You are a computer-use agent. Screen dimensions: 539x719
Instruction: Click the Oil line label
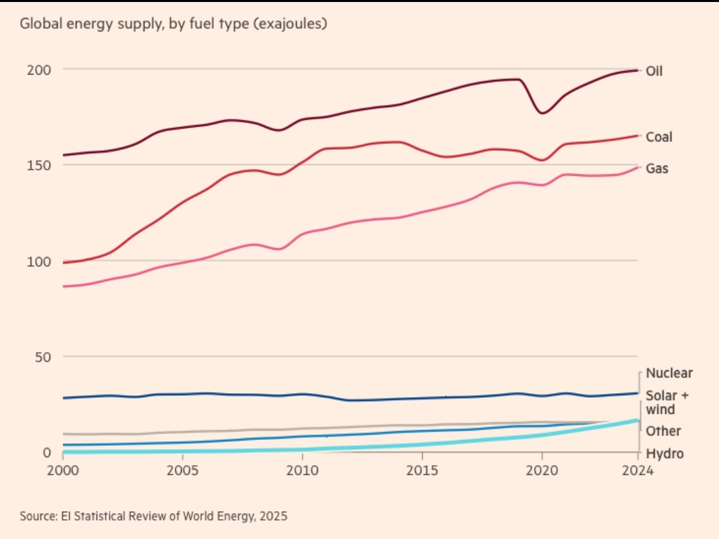pyautogui.click(x=654, y=71)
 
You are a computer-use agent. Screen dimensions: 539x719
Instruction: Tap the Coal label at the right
pyautogui.click(x=659, y=137)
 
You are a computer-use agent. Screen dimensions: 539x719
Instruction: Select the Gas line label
pyautogui.click(x=657, y=168)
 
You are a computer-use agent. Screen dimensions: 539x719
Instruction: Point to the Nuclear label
pyautogui.click(x=669, y=373)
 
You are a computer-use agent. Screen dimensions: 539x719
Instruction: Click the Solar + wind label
pyautogui.click(x=666, y=403)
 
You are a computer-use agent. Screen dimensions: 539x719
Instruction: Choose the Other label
pyautogui.click(x=663, y=431)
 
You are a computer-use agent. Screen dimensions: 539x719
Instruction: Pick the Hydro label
pyautogui.click(x=664, y=454)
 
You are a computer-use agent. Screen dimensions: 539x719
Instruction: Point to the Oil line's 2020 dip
pyautogui.click(x=543, y=113)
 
